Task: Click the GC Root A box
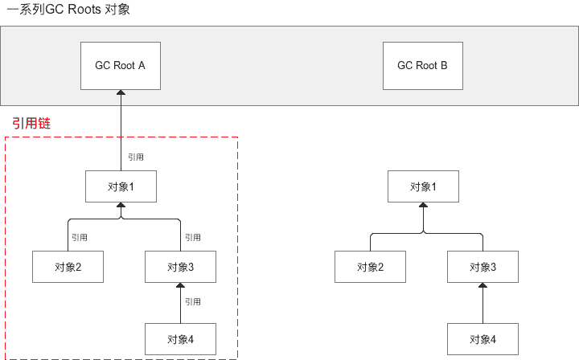pos(121,65)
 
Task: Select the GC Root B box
pos(423,65)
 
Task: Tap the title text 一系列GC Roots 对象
pos(68,10)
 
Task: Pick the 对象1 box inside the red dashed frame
pos(121,186)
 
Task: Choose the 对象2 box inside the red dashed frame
pos(68,267)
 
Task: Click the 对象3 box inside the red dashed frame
pos(181,267)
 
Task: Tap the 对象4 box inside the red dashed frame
pos(181,338)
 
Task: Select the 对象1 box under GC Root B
pos(423,186)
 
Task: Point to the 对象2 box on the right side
pos(370,267)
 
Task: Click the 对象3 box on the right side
pos(483,267)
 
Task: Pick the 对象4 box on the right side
pos(483,338)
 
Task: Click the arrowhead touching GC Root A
pos(121,93)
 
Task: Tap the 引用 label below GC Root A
pos(136,157)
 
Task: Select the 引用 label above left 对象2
pos(79,237)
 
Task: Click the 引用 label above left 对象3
pos(192,237)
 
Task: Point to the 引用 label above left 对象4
pos(192,301)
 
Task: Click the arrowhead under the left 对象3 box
pos(181,286)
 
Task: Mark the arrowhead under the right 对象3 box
pos(483,286)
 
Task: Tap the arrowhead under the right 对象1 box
pos(423,206)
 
